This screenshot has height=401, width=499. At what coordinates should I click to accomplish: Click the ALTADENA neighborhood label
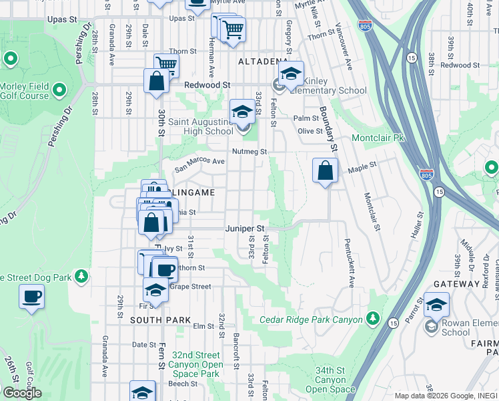pos(262,61)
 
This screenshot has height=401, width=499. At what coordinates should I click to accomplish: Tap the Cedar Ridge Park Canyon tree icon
pos(372,317)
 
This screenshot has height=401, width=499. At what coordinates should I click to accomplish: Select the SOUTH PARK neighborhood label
pos(151,320)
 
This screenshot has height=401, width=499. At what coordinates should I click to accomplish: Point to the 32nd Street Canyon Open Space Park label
pos(195,365)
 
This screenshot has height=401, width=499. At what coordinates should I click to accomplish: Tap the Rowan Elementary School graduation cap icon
pos(436,305)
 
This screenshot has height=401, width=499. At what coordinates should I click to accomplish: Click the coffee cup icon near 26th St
pos(31,296)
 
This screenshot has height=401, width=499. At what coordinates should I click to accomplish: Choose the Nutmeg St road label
pos(249,152)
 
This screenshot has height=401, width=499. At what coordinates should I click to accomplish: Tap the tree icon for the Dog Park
pos(81,276)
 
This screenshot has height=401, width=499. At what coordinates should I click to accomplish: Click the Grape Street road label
pos(190,287)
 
